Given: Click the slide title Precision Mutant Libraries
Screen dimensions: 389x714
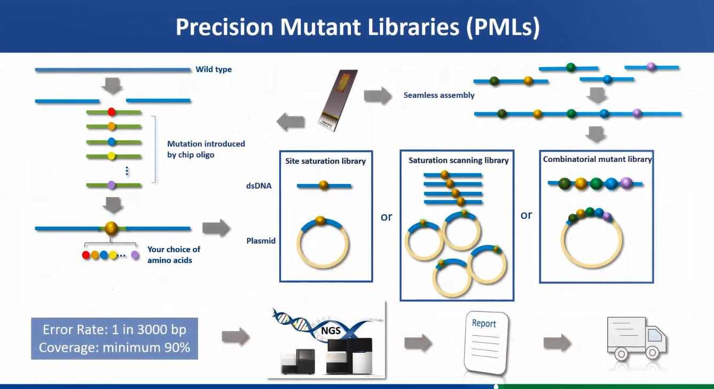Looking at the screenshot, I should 357,27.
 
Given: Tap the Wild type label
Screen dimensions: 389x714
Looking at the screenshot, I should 214,69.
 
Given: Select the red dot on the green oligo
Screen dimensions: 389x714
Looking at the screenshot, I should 112,112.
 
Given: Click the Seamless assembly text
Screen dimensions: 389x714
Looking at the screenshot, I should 439,95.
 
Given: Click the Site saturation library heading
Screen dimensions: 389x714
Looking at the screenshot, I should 325,161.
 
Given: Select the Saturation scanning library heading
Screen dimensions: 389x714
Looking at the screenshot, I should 458,160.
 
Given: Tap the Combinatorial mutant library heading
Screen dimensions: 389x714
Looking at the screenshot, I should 597,159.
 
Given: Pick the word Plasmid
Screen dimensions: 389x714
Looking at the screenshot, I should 261,240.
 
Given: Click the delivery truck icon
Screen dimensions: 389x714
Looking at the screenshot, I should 637,338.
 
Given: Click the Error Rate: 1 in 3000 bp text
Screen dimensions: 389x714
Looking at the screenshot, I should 114,329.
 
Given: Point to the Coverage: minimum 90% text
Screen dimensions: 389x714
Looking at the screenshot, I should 114,347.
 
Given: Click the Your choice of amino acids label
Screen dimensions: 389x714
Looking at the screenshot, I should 174,255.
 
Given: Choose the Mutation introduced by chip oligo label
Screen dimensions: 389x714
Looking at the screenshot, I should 206,149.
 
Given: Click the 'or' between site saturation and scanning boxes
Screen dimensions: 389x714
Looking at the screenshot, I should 386,217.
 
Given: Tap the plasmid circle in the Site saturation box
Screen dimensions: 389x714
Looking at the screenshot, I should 324,243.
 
